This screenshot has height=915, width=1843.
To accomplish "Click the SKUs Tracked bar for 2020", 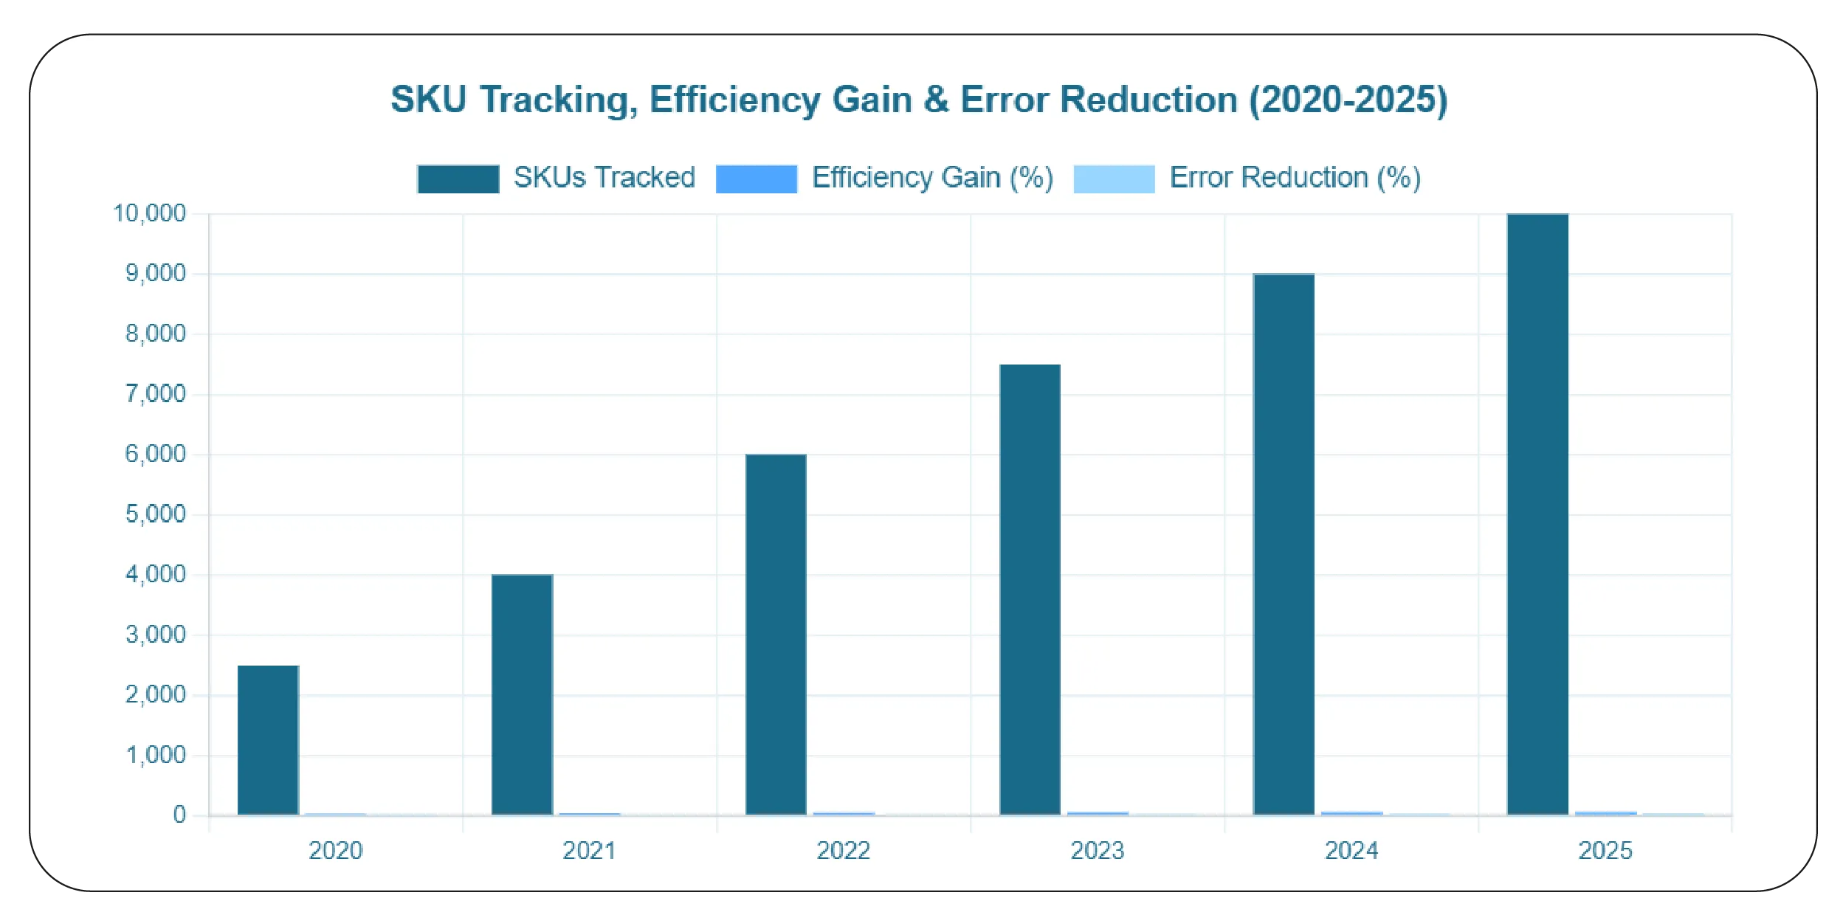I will click(x=268, y=740).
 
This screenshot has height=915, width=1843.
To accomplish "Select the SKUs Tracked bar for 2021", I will click(x=522, y=694).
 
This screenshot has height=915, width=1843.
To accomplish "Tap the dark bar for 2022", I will click(x=776, y=635).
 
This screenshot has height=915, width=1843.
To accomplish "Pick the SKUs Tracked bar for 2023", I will click(x=1030, y=590).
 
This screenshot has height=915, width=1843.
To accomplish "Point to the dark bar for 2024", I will click(x=1284, y=545).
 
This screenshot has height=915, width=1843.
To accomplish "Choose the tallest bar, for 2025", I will click(x=1537, y=514).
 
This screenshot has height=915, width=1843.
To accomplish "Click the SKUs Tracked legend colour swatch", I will click(x=458, y=179).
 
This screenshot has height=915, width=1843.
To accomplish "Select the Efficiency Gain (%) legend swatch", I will click(x=757, y=179).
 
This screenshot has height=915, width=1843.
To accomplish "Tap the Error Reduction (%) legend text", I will click(x=1295, y=178).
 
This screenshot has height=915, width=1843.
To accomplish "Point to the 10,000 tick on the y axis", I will click(x=149, y=214).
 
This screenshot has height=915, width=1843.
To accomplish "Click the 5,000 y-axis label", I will click(x=155, y=514).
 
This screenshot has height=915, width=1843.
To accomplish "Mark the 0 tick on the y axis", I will click(x=179, y=815).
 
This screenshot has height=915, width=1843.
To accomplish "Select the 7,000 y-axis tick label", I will click(x=155, y=394).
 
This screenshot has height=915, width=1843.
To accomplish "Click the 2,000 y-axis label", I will click(x=155, y=694).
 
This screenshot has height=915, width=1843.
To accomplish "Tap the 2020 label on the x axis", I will click(x=335, y=851).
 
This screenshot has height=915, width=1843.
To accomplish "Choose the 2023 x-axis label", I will click(x=1097, y=851).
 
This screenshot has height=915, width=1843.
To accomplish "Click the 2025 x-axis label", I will click(x=1605, y=851).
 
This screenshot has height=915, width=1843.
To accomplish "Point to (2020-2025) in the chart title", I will click(x=1348, y=100).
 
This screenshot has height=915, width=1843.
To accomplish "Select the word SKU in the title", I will click(x=428, y=100).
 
